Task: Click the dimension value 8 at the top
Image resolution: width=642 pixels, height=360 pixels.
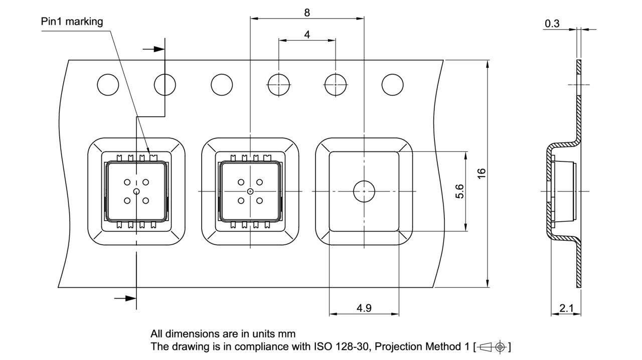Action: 307,13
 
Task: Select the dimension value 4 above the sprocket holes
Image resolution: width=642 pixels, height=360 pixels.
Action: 307,35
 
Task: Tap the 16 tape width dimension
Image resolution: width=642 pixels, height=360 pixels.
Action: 481,173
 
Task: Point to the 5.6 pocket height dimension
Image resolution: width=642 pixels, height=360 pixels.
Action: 459,191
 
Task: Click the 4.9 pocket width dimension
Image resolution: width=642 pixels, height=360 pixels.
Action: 364,308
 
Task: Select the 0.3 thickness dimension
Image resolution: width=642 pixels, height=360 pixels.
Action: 552,24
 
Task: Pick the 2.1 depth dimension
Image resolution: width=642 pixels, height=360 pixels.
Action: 566,308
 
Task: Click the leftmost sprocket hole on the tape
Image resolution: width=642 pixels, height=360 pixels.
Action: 108,84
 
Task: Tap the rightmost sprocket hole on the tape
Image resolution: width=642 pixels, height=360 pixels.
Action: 392,84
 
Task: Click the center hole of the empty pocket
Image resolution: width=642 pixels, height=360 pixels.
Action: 364,191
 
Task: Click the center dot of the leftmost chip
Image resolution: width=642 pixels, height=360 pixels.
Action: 136,191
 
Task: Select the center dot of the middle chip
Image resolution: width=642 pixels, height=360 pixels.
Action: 250,191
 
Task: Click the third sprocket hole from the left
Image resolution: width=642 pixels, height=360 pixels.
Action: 222,84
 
